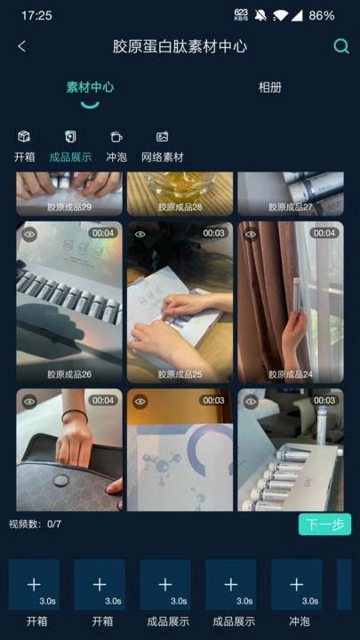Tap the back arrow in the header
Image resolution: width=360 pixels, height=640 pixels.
(x=22, y=46)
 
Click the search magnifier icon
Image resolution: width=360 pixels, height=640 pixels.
(x=340, y=46)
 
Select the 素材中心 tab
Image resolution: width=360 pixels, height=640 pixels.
(x=90, y=88)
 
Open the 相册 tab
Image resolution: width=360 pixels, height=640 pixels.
(x=269, y=88)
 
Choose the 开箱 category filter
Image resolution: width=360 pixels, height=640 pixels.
(x=24, y=147)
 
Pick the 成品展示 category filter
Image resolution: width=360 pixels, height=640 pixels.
(x=70, y=147)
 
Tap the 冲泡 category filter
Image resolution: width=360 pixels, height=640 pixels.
(x=116, y=147)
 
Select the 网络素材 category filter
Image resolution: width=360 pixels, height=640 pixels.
(x=162, y=147)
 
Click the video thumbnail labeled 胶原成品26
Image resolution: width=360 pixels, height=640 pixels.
(x=69, y=302)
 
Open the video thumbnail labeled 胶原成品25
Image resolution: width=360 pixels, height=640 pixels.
(x=180, y=302)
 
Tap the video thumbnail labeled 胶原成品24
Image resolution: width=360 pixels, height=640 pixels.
(x=290, y=302)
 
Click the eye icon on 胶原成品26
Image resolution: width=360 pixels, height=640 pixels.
(x=29, y=234)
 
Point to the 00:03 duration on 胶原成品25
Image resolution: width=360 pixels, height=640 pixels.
(x=213, y=234)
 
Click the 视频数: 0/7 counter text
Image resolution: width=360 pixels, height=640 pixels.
(x=35, y=524)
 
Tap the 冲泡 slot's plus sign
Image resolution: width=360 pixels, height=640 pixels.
(x=296, y=584)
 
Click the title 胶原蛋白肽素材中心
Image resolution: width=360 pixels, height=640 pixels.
(x=180, y=46)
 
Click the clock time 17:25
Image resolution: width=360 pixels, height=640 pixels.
(x=36, y=15)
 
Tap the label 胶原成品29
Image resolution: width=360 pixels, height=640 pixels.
(x=69, y=206)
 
